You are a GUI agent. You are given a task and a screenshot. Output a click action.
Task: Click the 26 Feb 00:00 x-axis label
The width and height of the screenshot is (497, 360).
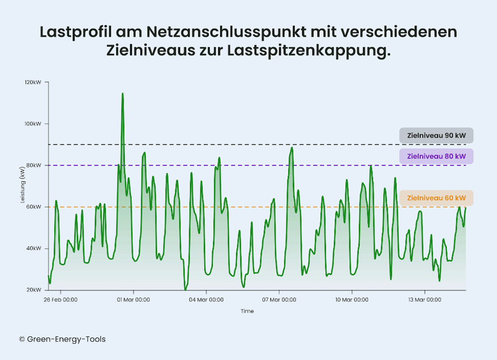click(60, 300)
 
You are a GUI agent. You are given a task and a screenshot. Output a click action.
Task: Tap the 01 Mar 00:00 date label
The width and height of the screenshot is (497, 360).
click(133, 300)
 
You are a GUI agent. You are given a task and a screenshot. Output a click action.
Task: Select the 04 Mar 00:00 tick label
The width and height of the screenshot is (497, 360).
click(206, 300)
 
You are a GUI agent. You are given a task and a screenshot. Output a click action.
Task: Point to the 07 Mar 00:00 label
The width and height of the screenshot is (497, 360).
click(279, 300)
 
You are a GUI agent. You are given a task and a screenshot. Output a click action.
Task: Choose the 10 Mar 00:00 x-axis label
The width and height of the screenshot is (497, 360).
click(351, 300)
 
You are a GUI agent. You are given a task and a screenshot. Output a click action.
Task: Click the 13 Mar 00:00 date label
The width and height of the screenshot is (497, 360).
click(424, 300)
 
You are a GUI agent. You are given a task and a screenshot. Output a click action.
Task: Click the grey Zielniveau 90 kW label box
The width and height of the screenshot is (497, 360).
click(436, 136)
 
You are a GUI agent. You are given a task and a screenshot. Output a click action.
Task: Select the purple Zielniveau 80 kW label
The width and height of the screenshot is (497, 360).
click(436, 156)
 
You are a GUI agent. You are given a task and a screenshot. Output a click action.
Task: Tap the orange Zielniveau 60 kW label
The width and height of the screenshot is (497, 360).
click(436, 198)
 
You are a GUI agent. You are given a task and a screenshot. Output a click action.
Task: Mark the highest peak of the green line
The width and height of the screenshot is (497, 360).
click(123, 94)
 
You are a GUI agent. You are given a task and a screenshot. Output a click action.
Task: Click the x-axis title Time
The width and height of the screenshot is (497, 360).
click(247, 311)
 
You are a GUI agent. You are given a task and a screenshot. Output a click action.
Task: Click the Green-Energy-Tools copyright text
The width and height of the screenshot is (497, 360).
click(62, 339)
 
